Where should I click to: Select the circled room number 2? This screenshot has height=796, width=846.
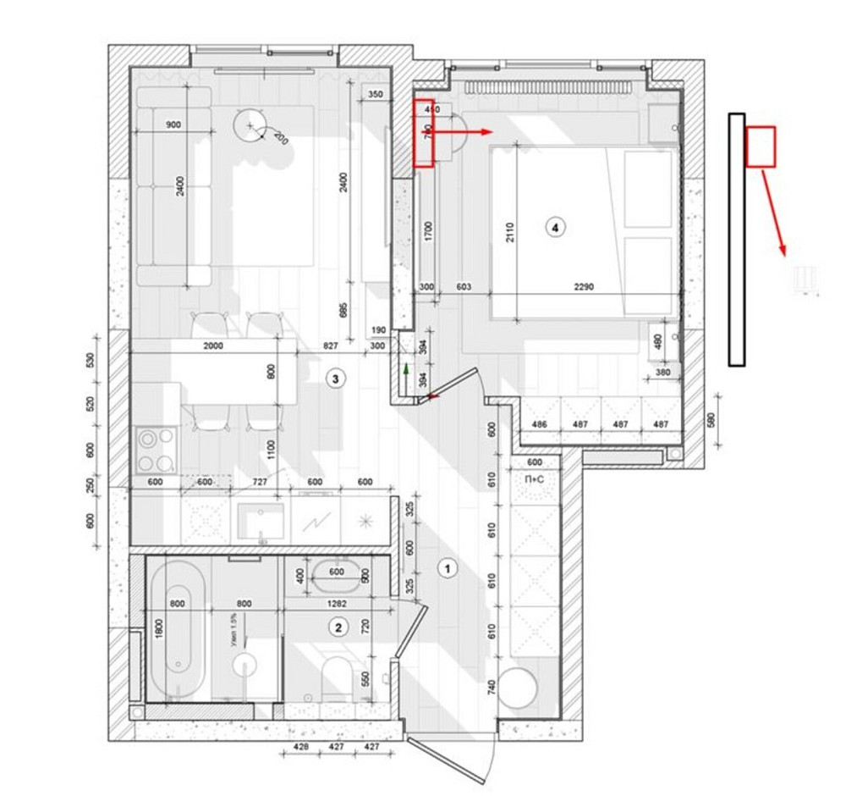[x=338, y=627]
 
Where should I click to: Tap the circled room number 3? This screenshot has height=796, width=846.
[x=336, y=379]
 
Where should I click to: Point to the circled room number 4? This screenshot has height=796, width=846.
[x=554, y=226]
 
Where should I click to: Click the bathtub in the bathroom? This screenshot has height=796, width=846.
[x=177, y=627]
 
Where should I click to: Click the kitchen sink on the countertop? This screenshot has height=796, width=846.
[x=261, y=521]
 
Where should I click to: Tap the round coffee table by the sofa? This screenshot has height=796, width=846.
[x=250, y=127]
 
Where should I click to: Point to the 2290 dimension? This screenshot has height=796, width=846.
[x=584, y=287]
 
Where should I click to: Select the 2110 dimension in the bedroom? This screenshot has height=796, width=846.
[x=509, y=228]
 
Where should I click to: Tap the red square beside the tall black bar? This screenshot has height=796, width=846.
[x=761, y=146]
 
